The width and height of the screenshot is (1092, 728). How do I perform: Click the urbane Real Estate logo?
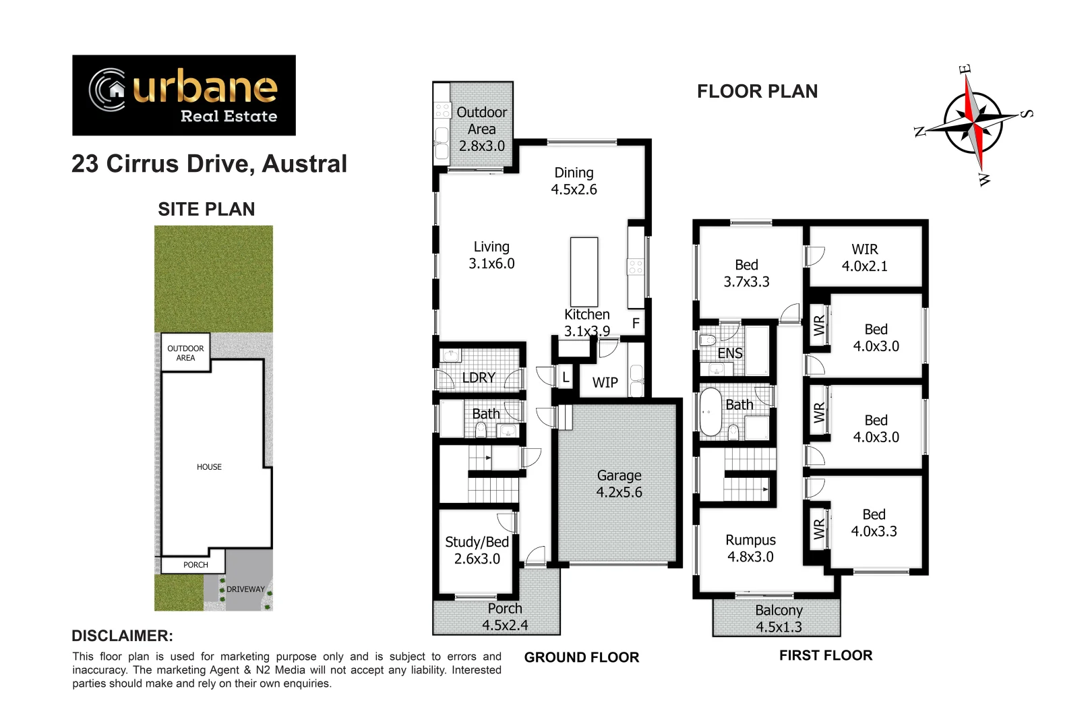coord(183,95)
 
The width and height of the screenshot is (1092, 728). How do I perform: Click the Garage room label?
coord(619,484)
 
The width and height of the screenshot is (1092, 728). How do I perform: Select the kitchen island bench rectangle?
coord(584,272)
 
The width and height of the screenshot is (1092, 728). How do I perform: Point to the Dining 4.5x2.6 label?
coord(574,181)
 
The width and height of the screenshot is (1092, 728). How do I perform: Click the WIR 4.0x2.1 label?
coord(864,257)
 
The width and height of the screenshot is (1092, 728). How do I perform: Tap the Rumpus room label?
coord(750,548)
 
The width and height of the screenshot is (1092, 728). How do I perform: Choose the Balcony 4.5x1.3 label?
coord(779,618)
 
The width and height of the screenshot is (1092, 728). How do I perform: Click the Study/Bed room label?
coord(477,550)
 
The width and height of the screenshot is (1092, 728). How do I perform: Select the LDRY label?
coord(479,377)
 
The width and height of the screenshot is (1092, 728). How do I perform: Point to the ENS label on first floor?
coord(729,353)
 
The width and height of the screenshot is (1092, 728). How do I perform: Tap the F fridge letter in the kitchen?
coord(636,324)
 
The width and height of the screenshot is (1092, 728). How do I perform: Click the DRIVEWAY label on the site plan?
coord(245,589)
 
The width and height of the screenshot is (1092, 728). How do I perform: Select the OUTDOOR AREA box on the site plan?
coord(185,353)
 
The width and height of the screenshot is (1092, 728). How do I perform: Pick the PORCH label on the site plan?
coord(195,565)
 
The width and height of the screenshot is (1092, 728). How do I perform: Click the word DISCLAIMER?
coord(122,636)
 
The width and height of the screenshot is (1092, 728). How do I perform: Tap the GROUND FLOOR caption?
coord(581,657)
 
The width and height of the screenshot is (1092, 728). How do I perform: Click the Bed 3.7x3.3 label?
coord(746,273)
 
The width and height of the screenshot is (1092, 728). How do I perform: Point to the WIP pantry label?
coord(605,383)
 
